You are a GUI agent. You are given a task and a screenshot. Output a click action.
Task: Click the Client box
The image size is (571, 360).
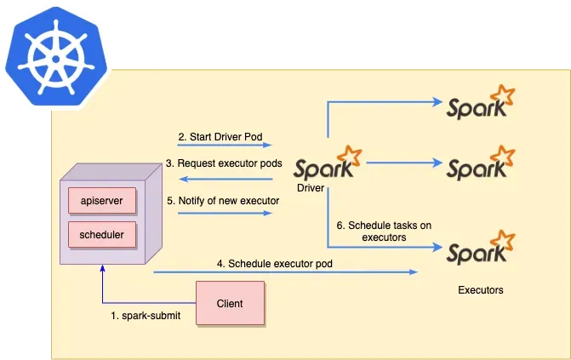(x=230, y=303)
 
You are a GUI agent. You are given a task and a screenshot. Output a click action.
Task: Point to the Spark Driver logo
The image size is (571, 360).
(x=325, y=163)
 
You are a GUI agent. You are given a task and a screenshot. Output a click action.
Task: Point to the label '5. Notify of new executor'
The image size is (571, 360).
(x=223, y=201)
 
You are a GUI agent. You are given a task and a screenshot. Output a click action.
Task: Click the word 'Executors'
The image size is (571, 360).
(x=480, y=290)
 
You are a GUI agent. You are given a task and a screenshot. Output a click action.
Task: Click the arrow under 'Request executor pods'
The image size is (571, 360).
(x=225, y=179)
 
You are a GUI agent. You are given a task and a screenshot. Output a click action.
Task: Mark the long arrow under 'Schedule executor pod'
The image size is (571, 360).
(x=285, y=272)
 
